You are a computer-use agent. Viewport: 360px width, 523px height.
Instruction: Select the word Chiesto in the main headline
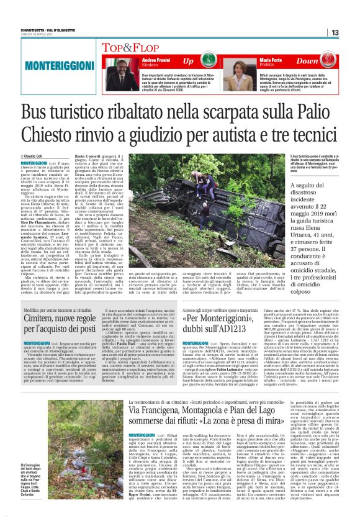tap(51, 134)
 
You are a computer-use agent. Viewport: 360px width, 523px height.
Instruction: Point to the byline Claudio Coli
tap(32, 157)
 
